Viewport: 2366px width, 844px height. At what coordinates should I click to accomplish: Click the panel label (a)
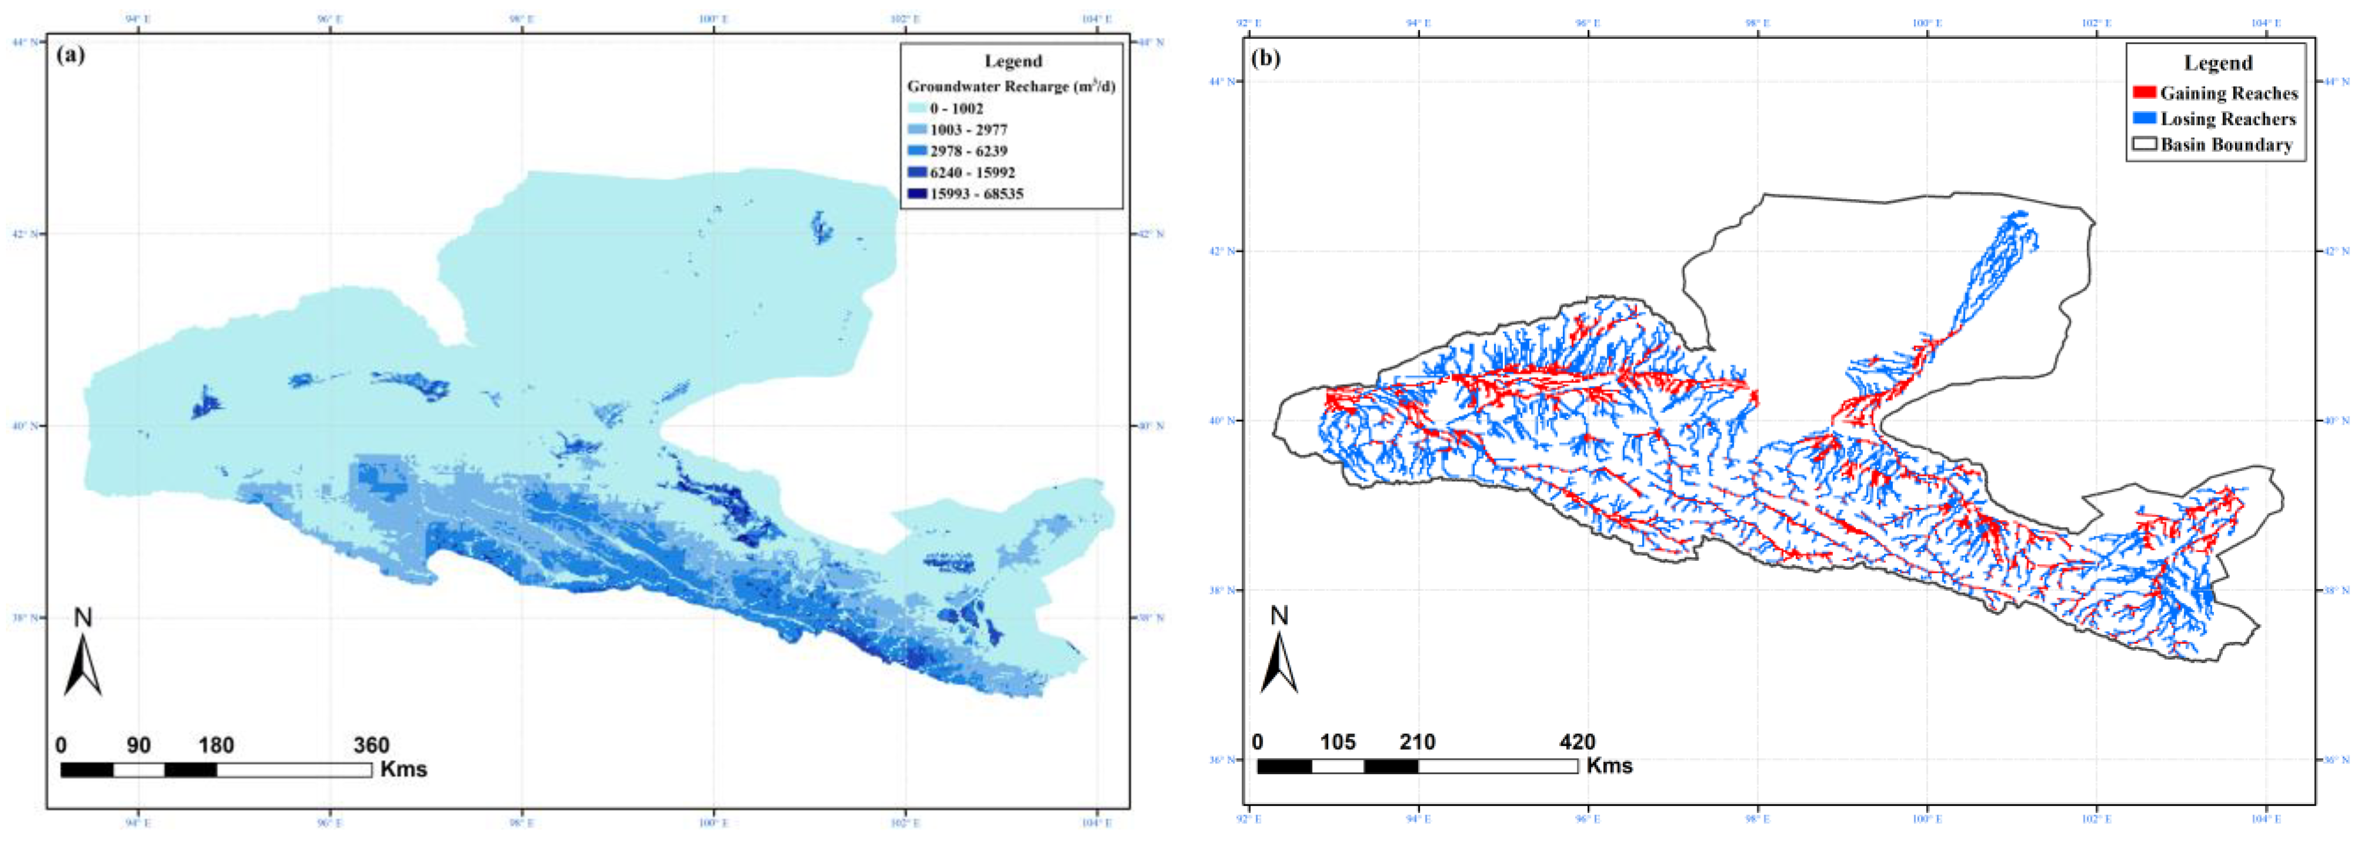click(x=70, y=55)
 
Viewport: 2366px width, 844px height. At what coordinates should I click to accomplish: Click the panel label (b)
click(x=1266, y=59)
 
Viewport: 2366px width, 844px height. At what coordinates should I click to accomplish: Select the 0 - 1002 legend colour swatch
click(x=916, y=109)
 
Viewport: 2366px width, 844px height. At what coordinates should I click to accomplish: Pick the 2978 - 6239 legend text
click(x=968, y=150)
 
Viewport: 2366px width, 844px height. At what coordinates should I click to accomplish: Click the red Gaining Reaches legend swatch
click(x=2143, y=93)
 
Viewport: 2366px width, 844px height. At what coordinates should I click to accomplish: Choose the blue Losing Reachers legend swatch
click(x=2143, y=119)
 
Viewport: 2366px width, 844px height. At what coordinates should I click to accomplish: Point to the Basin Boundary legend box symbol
click(x=2143, y=144)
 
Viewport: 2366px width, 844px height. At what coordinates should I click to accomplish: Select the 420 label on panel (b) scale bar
click(x=1577, y=742)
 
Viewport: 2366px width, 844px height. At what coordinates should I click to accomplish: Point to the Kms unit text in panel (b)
click(x=1609, y=765)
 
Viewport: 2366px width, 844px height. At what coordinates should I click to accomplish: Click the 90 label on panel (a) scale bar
click(x=139, y=745)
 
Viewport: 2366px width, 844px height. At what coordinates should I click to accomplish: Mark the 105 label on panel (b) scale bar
click(x=1337, y=742)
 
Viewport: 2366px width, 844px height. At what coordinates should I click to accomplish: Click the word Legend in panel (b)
click(x=2217, y=63)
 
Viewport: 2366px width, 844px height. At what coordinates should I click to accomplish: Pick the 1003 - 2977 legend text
click(x=968, y=129)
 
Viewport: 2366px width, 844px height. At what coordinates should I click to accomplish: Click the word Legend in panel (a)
click(x=1013, y=62)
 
